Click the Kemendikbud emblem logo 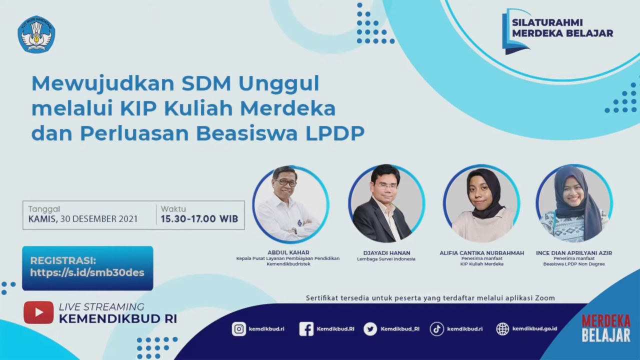(36, 34)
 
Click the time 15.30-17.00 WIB (199, 219)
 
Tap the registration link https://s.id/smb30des (87, 272)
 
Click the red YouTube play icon (38, 312)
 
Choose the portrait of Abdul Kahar (290, 204)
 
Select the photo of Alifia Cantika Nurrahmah (481, 204)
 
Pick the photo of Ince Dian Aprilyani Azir (574, 204)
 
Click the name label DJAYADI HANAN (386, 253)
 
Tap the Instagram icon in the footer (239, 328)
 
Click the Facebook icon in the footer (306, 328)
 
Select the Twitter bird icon (370, 328)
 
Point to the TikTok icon (437, 328)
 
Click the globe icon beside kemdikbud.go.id (502, 328)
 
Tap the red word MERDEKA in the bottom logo (605, 321)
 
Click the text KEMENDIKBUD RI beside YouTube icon (118, 318)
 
